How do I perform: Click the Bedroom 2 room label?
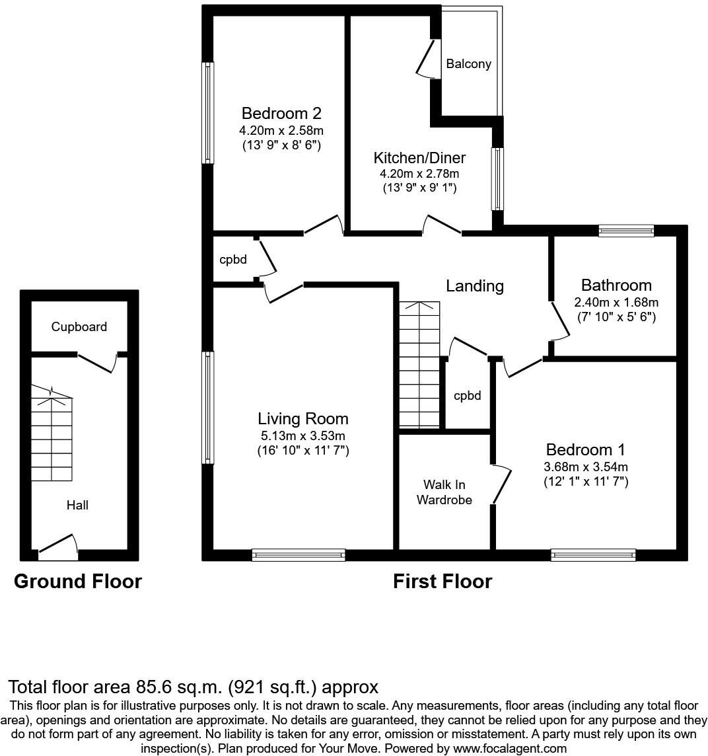click(281, 113)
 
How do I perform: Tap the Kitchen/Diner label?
click(419, 158)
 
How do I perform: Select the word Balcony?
click(468, 64)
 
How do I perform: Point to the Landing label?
click(474, 285)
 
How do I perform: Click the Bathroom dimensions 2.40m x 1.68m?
click(616, 302)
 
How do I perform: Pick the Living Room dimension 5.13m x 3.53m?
click(302, 435)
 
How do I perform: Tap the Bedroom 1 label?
click(585, 450)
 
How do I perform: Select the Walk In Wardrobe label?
click(448, 493)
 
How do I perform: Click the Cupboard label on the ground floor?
click(79, 326)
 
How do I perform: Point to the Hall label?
click(77, 505)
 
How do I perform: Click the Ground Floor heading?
click(78, 582)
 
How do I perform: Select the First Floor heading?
click(442, 582)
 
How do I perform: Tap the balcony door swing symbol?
click(427, 60)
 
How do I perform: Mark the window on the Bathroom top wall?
click(626, 231)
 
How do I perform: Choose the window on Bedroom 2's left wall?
click(208, 112)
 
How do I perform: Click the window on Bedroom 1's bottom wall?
click(593, 555)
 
